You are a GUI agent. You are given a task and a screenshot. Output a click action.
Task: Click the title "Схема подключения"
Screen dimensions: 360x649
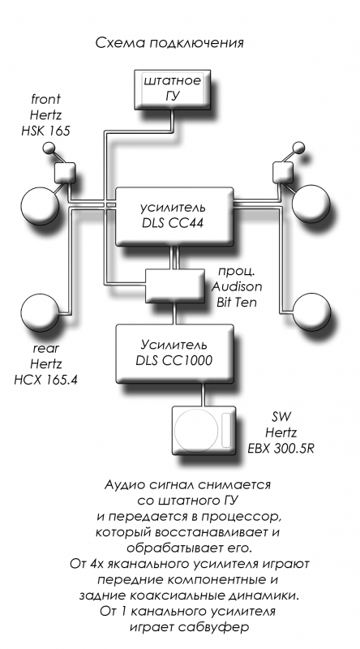[x=169, y=43]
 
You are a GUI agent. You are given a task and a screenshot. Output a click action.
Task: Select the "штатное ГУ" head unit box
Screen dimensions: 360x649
[x=173, y=89]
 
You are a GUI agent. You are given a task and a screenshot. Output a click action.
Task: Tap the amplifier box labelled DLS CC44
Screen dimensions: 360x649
[x=174, y=216]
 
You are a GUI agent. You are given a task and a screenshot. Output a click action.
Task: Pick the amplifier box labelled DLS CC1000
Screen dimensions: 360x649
[x=174, y=353]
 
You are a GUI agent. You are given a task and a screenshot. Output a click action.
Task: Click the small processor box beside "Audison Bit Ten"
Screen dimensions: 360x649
[x=174, y=286]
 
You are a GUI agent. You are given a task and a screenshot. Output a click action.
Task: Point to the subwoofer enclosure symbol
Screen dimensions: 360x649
[x=204, y=430]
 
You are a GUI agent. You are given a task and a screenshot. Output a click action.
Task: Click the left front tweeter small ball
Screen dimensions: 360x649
[x=49, y=148]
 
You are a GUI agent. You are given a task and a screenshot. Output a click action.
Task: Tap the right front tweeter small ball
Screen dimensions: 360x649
[x=298, y=148]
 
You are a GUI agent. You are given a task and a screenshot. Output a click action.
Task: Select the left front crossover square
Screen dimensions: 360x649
[x=65, y=173]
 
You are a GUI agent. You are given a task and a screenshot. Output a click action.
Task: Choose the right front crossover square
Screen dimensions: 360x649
[x=283, y=172]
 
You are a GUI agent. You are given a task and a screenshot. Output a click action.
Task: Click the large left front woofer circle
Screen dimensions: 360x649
[x=40, y=204]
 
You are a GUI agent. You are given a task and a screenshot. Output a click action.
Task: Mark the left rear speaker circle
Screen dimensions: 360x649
[x=41, y=312]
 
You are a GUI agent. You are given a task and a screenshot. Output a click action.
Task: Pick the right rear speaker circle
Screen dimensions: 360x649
[x=311, y=312]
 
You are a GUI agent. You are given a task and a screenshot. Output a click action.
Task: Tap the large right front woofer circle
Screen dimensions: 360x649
[x=311, y=204]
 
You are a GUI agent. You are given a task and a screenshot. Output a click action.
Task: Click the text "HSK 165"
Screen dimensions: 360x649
[x=46, y=131]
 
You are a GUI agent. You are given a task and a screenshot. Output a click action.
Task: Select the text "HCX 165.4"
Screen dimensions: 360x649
[x=46, y=380]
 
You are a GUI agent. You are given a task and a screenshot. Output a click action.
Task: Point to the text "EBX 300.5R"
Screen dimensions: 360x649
[x=281, y=449]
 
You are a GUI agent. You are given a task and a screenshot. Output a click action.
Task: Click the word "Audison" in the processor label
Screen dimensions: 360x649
[x=237, y=286]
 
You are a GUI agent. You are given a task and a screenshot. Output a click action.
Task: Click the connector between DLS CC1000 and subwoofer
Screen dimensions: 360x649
[x=204, y=394]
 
